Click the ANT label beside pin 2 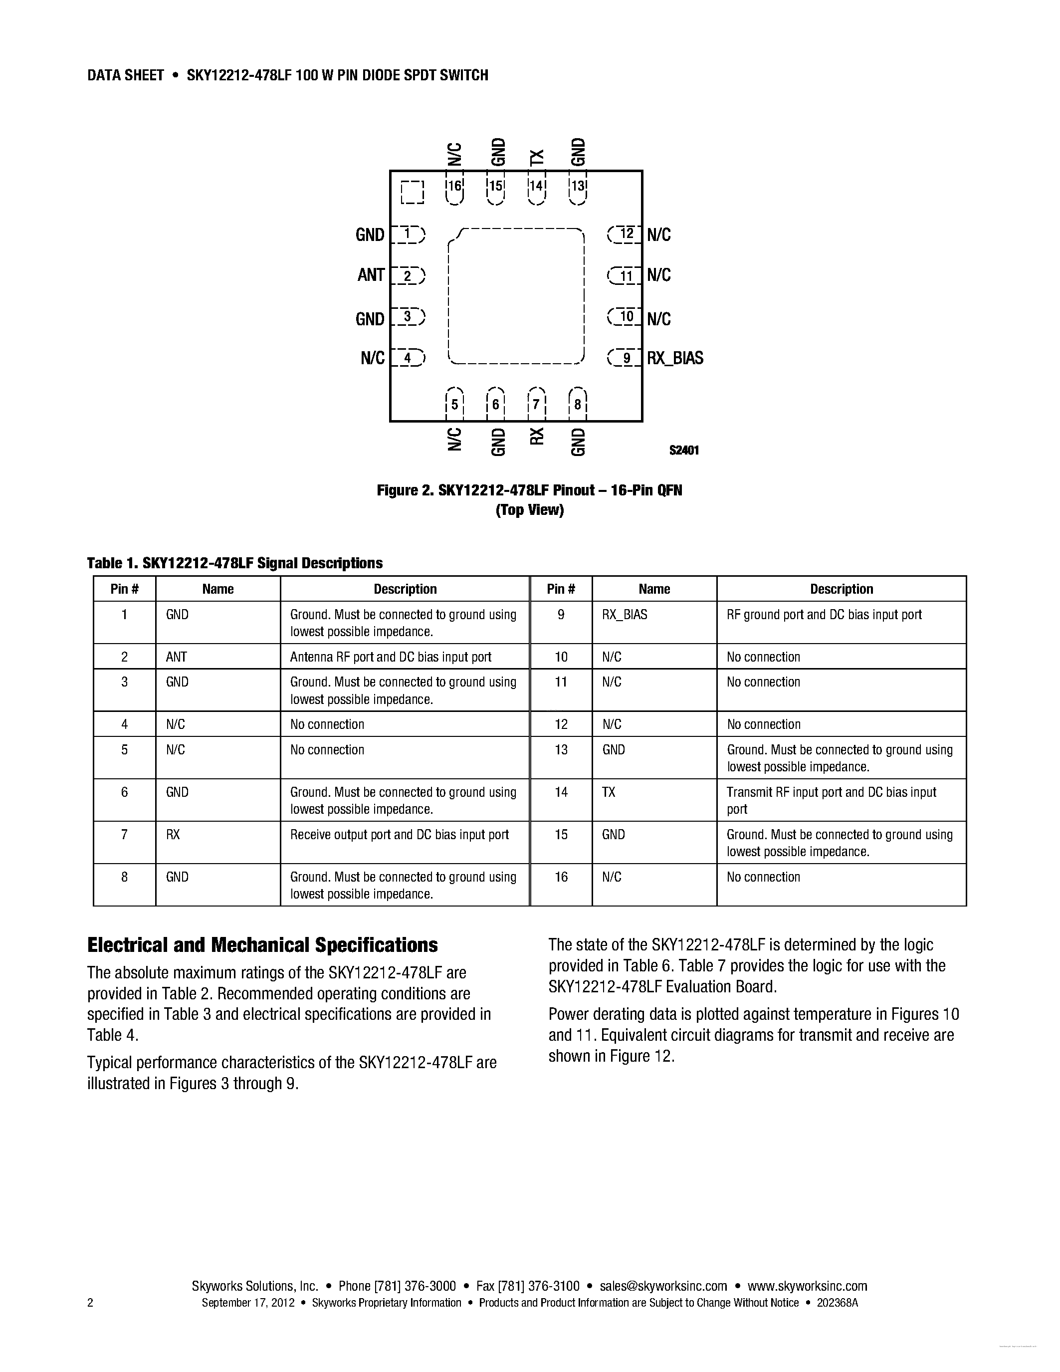(371, 275)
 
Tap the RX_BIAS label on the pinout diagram (675, 358)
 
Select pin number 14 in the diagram (537, 186)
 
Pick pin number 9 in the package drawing (626, 359)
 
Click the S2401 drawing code (684, 451)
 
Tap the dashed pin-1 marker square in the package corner (412, 192)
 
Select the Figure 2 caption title (529, 490)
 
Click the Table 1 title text (235, 563)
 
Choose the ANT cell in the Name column (177, 657)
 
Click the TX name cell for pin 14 (609, 792)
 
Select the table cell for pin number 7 (124, 835)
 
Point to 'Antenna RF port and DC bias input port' (391, 657)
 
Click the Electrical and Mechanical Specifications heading (262, 945)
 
